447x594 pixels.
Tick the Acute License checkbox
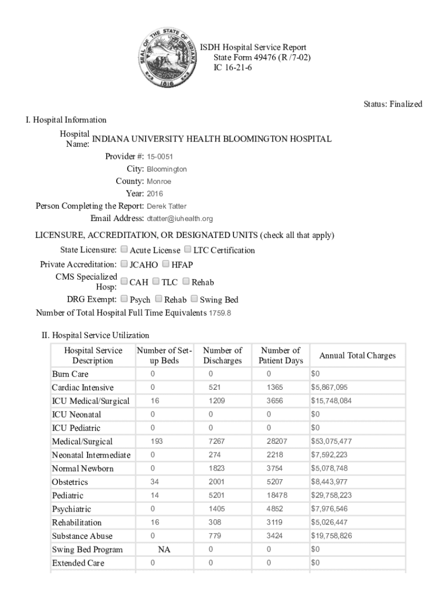click(124, 250)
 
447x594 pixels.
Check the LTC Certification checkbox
click(188, 250)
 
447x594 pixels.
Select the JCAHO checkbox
click(124, 264)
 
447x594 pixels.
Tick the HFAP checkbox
click(166, 264)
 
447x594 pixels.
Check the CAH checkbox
click(124, 281)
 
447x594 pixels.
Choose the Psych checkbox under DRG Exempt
click(124, 299)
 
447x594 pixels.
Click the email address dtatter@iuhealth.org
click(180, 219)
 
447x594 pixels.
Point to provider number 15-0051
click(160, 157)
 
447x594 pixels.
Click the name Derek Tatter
click(167, 206)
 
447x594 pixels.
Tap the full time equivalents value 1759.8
click(220, 313)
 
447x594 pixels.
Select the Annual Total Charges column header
click(357, 356)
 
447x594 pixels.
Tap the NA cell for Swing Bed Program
click(164, 549)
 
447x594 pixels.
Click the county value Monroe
click(158, 182)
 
